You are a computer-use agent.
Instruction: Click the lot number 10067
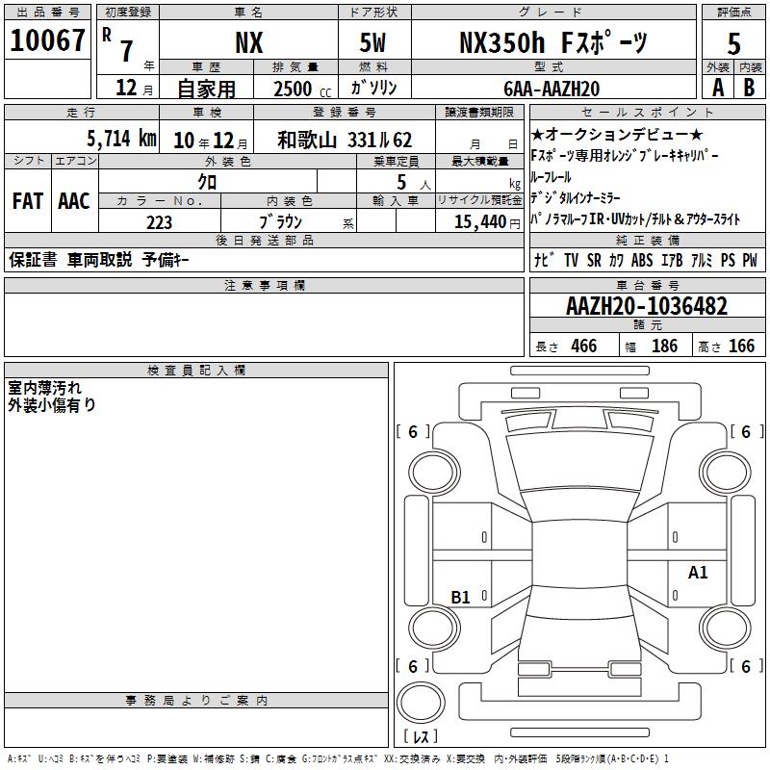click(x=47, y=40)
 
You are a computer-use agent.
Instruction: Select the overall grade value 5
click(x=733, y=43)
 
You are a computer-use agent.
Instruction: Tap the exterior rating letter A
click(x=718, y=88)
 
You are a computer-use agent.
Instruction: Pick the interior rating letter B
click(x=749, y=88)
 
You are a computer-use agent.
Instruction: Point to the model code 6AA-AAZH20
click(x=552, y=89)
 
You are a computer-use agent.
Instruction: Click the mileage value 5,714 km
click(x=122, y=139)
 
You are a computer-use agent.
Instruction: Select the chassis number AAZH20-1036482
click(x=647, y=306)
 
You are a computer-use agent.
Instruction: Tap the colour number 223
click(x=159, y=222)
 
